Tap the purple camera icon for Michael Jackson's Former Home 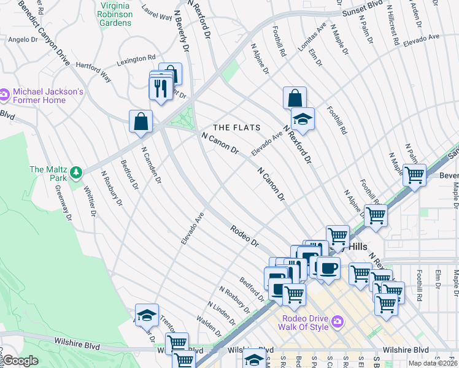click(x=4, y=95)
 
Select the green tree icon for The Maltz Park click(x=77, y=174)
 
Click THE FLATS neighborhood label click(x=236, y=128)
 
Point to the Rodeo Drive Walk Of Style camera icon click(x=337, y=321)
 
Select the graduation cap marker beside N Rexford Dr click(x=302, y=118)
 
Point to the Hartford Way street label click(x=94, y=72)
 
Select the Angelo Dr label click(x=23, y=39)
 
